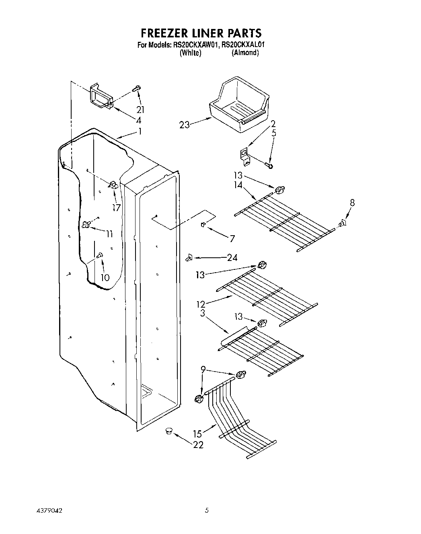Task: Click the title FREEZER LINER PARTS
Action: pos(201,33)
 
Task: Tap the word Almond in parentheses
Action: pos(245,53)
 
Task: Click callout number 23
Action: pos(185,125)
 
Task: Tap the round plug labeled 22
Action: pos(168,431)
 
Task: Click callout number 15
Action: pos(197,434)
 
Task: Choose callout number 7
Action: pos(232,239)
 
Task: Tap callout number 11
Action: pos(109,234)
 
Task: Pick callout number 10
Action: pos(105,277)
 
